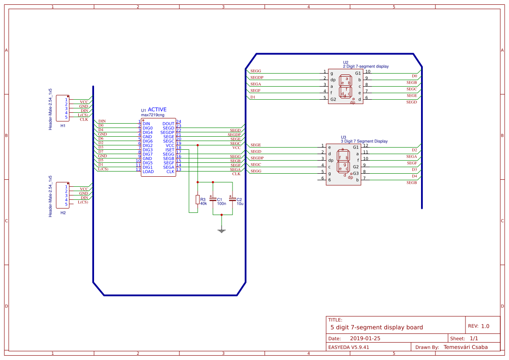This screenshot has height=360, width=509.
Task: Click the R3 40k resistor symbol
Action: click(x=197, y=200)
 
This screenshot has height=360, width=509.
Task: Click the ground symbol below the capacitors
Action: click(x=222, y=230)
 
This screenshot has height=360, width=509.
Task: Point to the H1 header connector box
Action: click(x=63, y=108)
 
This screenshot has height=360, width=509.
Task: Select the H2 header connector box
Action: click(x=63, y=195)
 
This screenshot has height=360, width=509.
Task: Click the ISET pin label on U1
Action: click(x=169, y=150)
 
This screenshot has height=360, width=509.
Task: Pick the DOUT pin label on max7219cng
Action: click(x=168, y=124)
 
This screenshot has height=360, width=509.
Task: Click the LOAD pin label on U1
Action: click(x=148, y=172)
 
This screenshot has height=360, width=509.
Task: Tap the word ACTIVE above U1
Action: click(x=157, y=110)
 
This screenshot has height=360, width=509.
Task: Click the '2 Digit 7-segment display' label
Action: click(x=366, y=67)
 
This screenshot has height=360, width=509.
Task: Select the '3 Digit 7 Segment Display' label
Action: click(x=364, y=141)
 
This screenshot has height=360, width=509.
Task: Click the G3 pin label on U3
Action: click(x=356, y=173)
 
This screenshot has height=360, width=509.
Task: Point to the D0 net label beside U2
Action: click(x=415, y=76)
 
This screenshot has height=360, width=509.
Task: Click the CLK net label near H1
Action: click(x=84, y=119)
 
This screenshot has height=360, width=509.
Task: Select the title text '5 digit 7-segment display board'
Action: click(x=377, y=327)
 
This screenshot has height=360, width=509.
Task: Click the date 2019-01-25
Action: click(x=365, y=338)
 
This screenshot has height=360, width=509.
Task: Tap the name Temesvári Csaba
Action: click(x=465, y=347)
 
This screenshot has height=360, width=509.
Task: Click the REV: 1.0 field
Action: click(x=479, y=326)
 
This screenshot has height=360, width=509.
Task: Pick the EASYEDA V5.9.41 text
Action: click(x=349, y=347)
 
